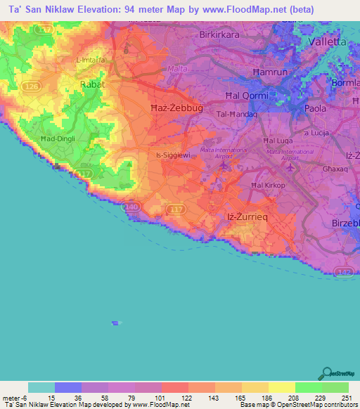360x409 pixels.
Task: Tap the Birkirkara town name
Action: (x=221, y=34)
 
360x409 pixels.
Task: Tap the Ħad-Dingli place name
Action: (x=58, y=139)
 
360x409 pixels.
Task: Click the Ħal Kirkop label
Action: (x=268, y=185)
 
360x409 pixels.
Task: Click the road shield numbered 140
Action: (x=131, y=208)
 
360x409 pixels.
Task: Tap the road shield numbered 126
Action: (x=30, y=86)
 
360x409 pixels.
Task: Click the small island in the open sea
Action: (x=115, y=323)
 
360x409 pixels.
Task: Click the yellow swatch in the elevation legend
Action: (x=281, y=387)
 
